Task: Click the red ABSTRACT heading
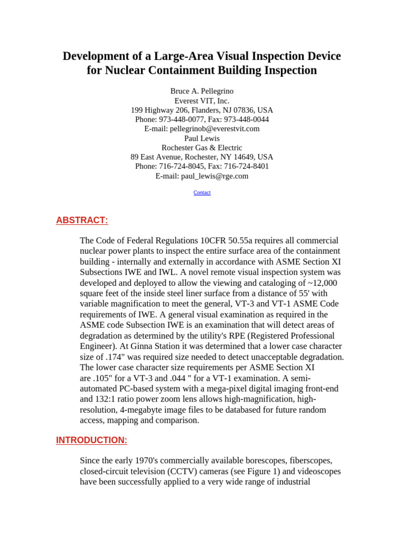pos(82,221)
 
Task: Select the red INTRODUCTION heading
pos(92,440)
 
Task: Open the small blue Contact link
pos(202,193)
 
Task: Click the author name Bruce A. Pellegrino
pos(202,91)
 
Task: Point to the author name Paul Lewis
pos(202,138)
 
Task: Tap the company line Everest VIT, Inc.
pos(202,101)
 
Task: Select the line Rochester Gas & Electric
pos(202,148)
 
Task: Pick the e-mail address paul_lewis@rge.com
pos(215,176)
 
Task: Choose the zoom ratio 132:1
pos(109,400)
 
